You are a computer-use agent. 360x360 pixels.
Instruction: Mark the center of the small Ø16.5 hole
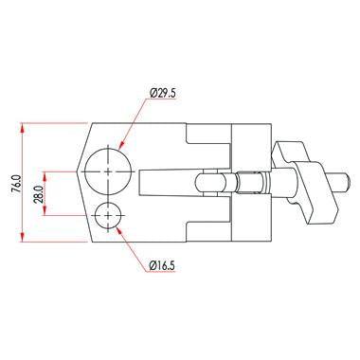click(x=110, y=216)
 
